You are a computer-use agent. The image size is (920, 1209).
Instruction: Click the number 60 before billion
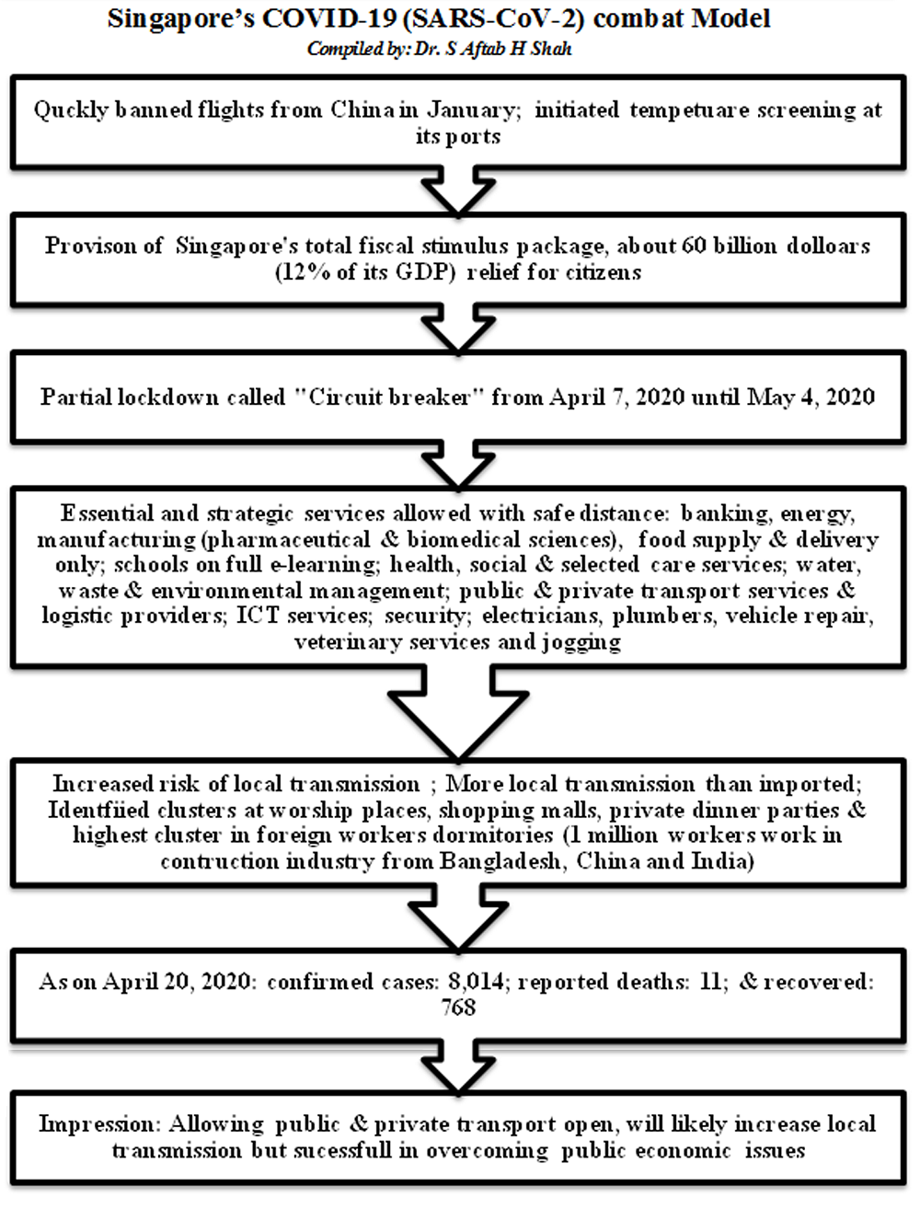click(x=695, y=247)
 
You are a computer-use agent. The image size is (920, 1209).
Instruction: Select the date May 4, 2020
click(x=811, y=397)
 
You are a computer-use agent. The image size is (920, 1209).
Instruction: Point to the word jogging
click(x=581, y=641)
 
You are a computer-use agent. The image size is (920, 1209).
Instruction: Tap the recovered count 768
click(x=458, y=1008)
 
